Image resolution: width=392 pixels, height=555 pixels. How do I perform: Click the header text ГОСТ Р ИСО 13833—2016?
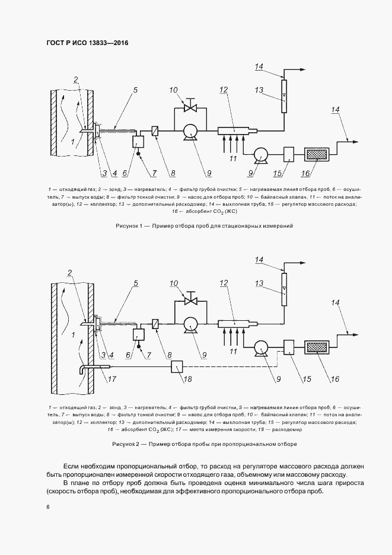(87, 43)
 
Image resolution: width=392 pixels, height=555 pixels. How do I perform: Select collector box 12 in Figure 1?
(231, 130)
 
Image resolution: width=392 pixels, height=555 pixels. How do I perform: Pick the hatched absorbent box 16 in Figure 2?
(319, 346)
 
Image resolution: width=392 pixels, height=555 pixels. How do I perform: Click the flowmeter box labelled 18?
(177, 367)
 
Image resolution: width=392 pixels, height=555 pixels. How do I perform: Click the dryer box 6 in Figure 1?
(139, 142)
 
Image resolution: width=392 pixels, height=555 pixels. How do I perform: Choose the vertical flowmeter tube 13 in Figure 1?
(283, 97)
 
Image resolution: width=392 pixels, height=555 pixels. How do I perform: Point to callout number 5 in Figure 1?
(135, 90)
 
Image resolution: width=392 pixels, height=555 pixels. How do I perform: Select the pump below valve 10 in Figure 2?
(190, 324)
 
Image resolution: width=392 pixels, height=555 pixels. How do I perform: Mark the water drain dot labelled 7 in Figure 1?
(138, 155)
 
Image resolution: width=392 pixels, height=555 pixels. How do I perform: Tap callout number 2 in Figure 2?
(69, 273)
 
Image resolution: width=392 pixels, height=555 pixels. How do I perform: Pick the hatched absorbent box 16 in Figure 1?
(319, 154)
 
